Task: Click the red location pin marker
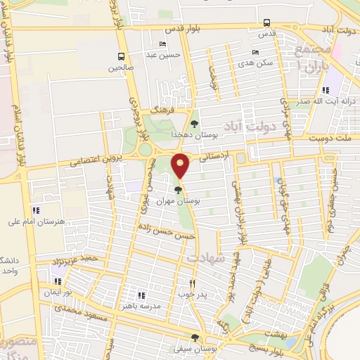coord(181,165)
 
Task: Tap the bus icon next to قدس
coord(266,22)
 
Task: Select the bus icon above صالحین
coord(121,57)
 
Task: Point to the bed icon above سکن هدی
coord(255,51)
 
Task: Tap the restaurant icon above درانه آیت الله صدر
coord(325,90)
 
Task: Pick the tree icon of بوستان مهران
coord(179,190)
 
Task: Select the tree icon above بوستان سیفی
coord(204,336)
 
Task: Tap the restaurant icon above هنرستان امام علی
coord(36,210)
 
